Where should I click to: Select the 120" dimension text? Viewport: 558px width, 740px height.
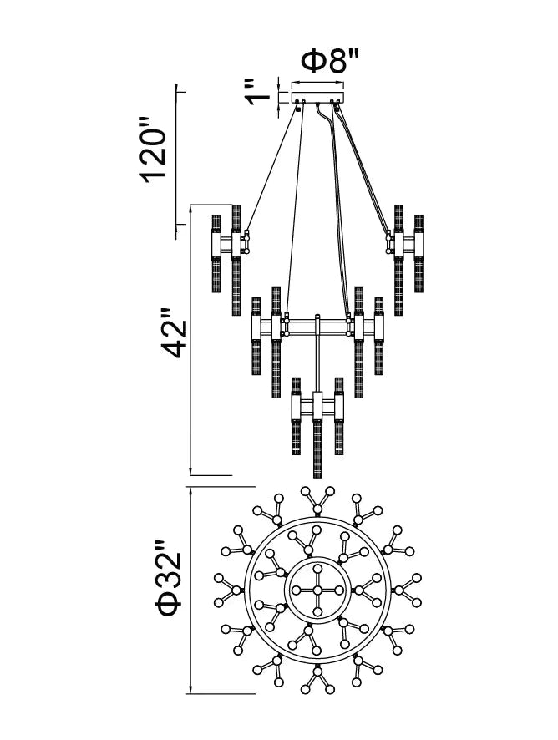(x=155, y=155)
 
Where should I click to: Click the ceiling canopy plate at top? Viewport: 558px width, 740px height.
(x=317, y=97)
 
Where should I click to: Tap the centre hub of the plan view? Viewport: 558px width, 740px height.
(x=317, y=590)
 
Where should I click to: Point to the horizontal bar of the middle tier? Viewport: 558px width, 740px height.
(x=317, y=322)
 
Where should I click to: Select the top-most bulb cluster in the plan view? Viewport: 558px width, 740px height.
(x=317, y=501)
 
